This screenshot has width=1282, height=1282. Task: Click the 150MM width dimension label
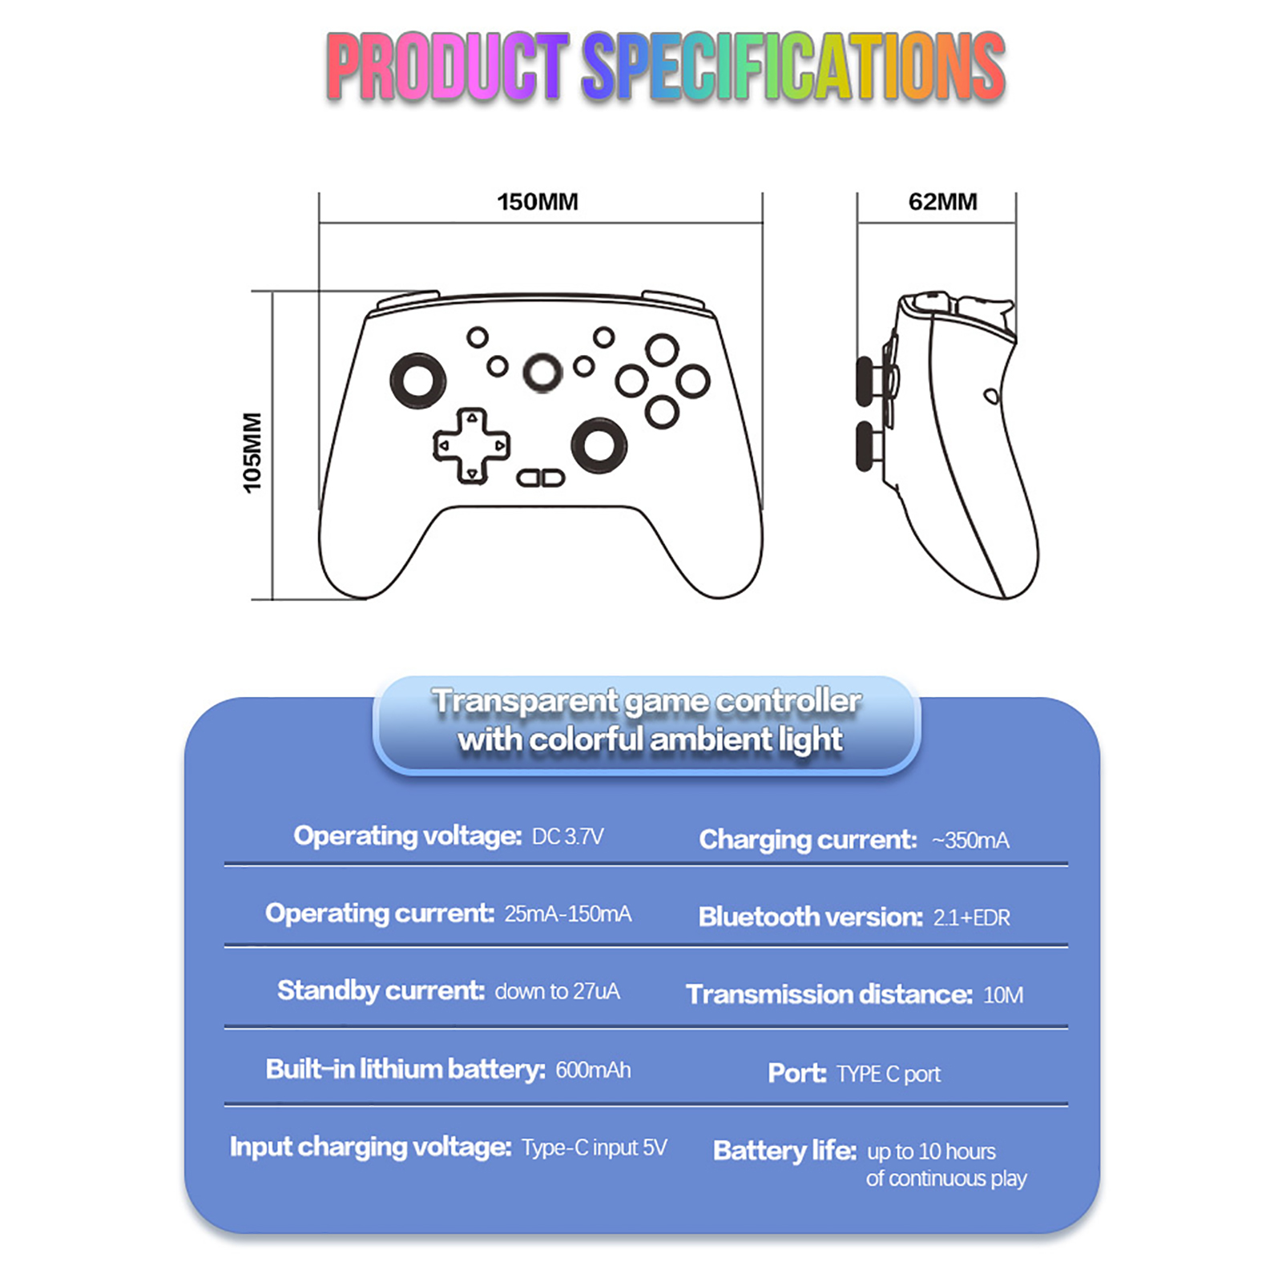[x=538, y=202]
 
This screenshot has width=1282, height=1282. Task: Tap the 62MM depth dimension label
[x=942, y=202]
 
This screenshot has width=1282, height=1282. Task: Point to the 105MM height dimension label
[x=252, y=453]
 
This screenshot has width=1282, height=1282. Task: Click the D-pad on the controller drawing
[x=472, y=446]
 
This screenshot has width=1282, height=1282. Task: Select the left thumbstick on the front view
[x=417, y=380]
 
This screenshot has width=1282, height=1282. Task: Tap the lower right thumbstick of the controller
[x=599, y=445]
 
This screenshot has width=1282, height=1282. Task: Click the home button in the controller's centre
[x=542, y=373]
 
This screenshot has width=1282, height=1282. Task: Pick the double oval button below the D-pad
[x=541, y=478]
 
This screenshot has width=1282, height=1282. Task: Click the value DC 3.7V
[x=567, y=837]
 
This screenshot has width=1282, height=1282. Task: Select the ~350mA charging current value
[x=970, y=841]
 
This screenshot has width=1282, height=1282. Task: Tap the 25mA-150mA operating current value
[x=567, y=914]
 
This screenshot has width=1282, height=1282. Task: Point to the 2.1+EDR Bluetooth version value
[x=971, y=917]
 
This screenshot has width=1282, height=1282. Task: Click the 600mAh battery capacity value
[x=593, y=1070]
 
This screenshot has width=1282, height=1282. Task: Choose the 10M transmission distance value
[x=1003, y=995]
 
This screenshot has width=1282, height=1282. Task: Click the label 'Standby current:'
[x=381, y=991]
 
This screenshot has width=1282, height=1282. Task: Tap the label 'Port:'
[x=796, y=1073]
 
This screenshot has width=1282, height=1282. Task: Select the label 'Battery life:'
[x=785, y=1151]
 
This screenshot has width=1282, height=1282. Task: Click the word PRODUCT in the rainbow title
[x=448, y=67]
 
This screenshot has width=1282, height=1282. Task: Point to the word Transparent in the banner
[x=526, y=701]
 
